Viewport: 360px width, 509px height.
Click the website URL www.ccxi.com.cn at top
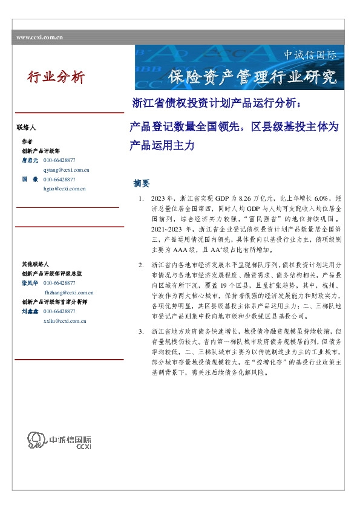coord(40,37)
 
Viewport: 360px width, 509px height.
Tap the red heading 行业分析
coord(56,77)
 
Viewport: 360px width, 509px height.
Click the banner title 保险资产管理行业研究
coord(252,77)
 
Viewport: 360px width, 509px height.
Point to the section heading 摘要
coord(141,183)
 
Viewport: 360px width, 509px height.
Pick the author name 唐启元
coord(30,160)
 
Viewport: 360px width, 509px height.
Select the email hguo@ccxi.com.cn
coord(65,189)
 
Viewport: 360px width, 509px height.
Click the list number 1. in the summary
coord(141,199)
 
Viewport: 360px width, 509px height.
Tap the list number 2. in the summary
coord(141,265)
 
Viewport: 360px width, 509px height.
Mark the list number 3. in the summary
coord(141,331)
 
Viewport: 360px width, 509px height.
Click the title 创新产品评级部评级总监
coord(51,274)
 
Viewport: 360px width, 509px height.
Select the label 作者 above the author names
coord(27,141)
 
